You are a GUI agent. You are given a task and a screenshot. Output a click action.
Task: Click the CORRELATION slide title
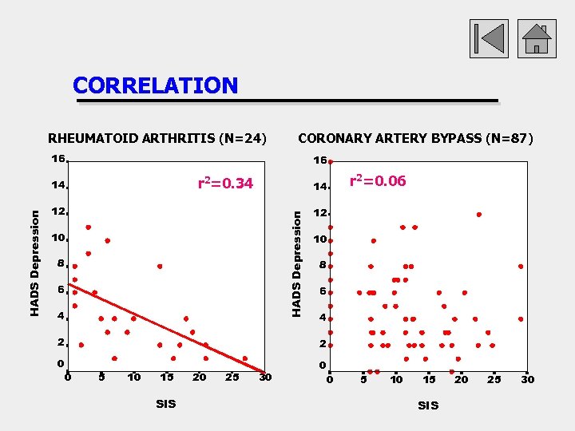(155, 85)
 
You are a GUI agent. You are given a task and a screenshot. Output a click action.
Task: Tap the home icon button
(537, 38)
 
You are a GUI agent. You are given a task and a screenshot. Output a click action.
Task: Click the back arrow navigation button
(488, 38)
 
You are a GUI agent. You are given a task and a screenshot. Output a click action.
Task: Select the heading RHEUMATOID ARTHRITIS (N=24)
(157, 138)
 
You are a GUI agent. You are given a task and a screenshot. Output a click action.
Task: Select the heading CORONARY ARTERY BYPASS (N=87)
(415, 138)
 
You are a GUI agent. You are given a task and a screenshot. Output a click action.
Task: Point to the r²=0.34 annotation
(225, 184)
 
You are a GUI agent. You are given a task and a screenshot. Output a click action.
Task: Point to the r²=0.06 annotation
(378, 181)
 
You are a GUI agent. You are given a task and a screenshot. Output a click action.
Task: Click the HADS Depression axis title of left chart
(34, 262)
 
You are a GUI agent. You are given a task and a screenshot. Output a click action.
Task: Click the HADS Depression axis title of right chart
(296, 263)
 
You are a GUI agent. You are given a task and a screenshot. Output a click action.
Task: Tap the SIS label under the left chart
(166, 405)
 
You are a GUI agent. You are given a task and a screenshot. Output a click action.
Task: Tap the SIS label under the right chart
(428, 405)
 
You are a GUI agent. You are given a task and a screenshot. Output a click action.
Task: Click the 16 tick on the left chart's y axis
(58, 159)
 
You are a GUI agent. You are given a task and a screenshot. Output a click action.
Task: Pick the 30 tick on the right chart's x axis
(527, 379)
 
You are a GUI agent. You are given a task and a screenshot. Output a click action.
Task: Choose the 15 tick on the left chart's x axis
(166, 377)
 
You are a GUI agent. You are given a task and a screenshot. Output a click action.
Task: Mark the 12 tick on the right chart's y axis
(319, 214)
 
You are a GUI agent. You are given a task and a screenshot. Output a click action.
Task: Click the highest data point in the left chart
(88, 227)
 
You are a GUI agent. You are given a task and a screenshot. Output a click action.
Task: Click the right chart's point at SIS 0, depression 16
(330, 161)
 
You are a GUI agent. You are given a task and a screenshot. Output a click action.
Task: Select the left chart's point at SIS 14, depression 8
(160, 266)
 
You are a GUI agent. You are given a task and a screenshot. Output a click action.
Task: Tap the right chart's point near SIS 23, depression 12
(479, 214)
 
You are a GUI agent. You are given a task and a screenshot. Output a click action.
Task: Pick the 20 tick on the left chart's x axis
(199, 377)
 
